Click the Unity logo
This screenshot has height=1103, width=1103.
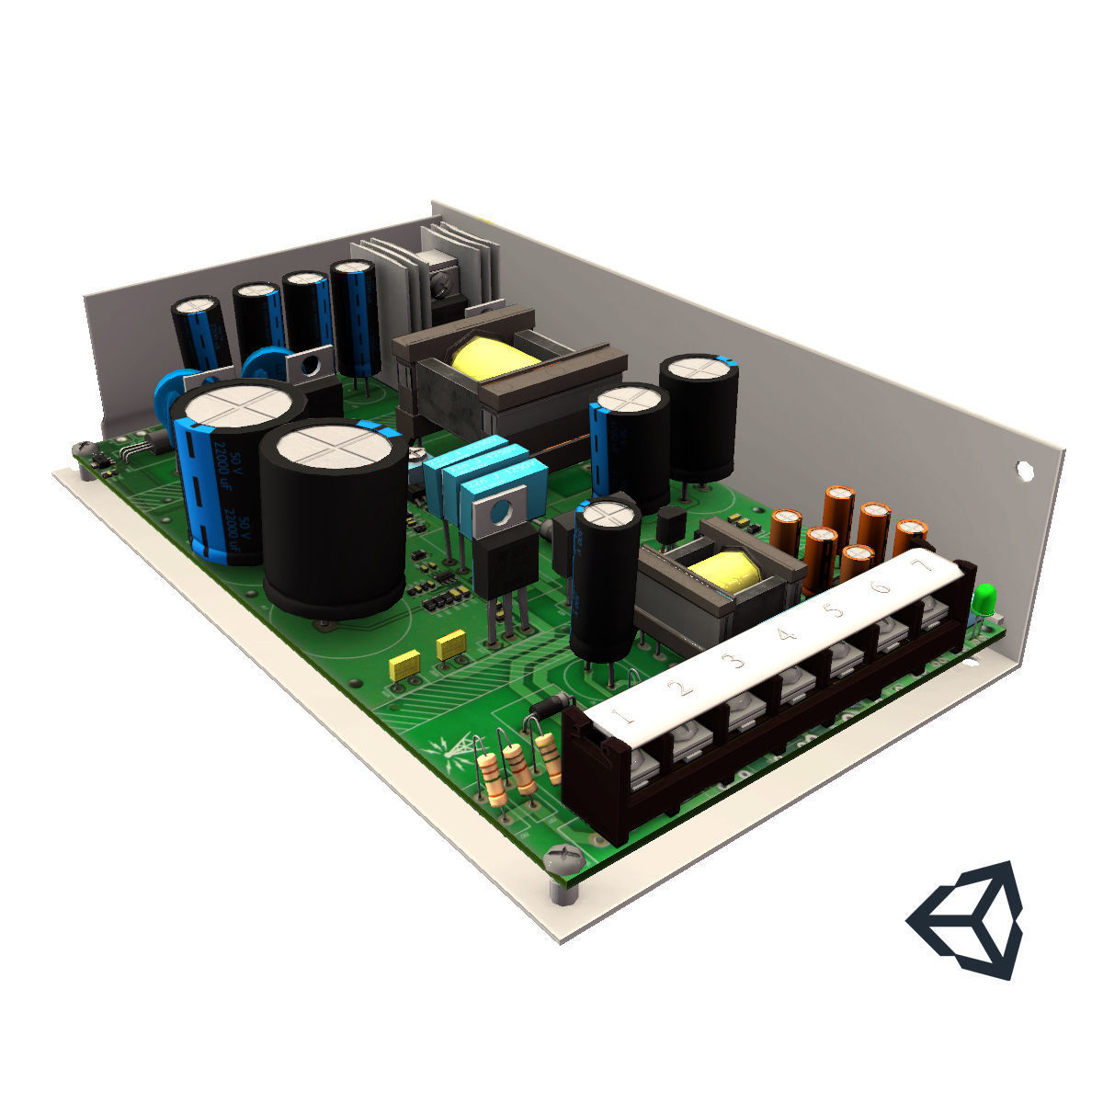click(x=966, y=919)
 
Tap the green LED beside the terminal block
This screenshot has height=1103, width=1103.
click(x=985, y=598)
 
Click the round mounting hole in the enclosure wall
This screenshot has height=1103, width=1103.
click(x=1023, y=470)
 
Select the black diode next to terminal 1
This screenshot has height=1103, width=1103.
click(x=552, y=708)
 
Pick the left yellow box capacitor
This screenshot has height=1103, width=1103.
click(x=404, y=665)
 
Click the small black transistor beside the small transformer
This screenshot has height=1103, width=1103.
click(x=671, y=525)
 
